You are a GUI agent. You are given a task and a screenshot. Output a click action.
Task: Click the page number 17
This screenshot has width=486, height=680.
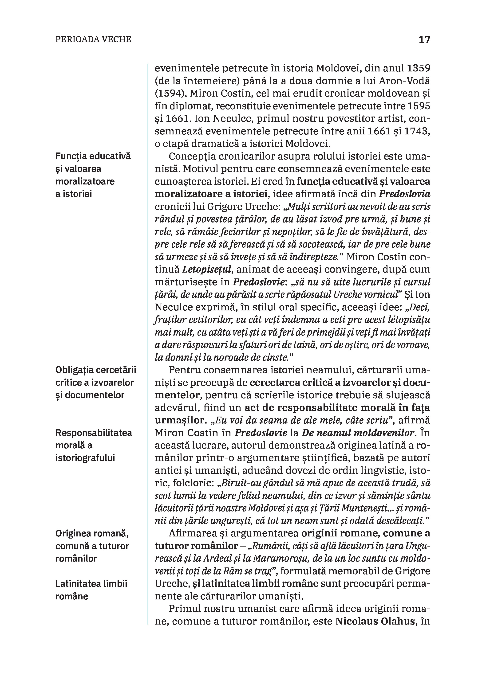424,39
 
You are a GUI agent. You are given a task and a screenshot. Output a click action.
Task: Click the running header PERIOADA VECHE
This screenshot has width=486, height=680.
93,39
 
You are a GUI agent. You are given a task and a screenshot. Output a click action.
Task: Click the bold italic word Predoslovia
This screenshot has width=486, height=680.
405,194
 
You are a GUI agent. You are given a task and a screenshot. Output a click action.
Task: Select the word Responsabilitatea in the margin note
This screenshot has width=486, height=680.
94,433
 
